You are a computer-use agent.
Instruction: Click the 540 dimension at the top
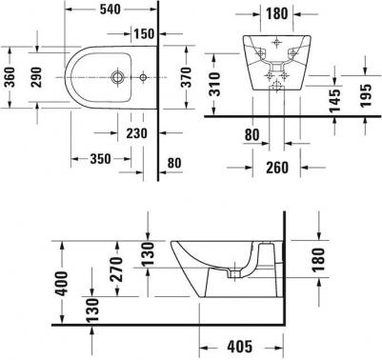[x=111, y=10]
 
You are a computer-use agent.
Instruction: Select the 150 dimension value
[x=144, y=33]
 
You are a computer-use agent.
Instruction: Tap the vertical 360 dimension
[x=10, y=77]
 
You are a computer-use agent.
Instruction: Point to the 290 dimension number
[x=36, y=77]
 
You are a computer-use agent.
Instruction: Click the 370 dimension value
[x=186, y=77]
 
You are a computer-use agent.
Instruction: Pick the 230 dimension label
[x=137, y=133]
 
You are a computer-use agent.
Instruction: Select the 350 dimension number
[x=100, y=159]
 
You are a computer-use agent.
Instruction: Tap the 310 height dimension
[x=214, y=84]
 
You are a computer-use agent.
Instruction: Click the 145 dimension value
[x=334, y=101]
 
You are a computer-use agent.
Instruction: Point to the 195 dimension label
[x=366, y=95]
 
